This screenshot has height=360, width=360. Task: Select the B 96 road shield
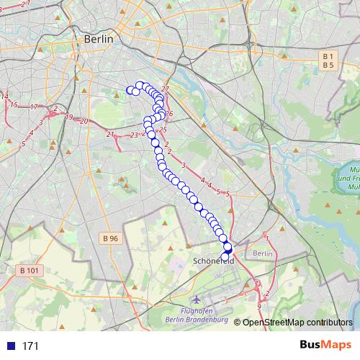(x=109, y=238)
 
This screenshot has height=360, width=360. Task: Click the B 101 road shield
(x=25, y=270)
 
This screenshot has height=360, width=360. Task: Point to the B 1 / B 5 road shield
(x=329, y=60)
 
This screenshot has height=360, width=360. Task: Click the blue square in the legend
(x=10, y=346)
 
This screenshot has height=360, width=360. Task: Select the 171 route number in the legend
(x=30, y=346)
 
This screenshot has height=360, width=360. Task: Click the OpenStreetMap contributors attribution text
(x=297, y=322)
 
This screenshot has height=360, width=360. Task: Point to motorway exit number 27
(x=165, y=89)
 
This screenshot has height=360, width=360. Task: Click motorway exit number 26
(x=169, y=114)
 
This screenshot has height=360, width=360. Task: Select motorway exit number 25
(x=163, y=130)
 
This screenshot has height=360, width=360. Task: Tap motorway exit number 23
(x=135, y=135)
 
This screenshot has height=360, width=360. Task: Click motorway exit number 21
(x=109, y=134)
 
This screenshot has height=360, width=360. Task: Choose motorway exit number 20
(x=84, y=121)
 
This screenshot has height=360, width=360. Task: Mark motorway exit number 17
(x=34, y=107)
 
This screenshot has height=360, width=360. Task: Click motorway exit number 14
(x=4, y=96)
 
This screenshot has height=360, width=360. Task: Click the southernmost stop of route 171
(x=225, y=257)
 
